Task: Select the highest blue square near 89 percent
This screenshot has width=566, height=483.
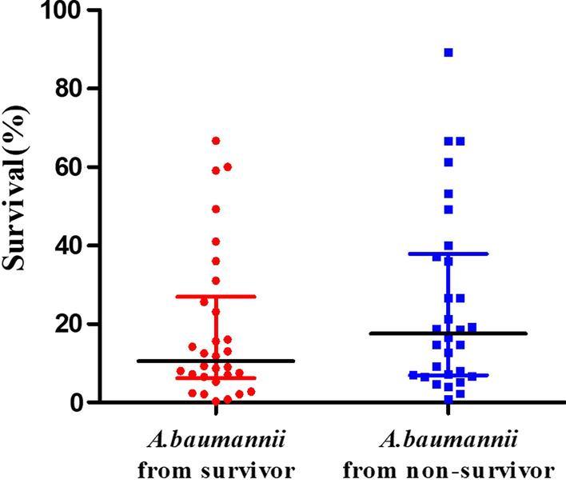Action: pyautogui.click(x=448, y=53)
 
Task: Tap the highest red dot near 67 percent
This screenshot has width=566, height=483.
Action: pyautogui.click(x=216, y=141)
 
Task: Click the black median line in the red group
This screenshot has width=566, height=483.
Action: pyautogui.click(x=216, y=361)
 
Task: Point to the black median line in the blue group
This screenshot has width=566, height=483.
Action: pyautogui.click(x=448, y=333)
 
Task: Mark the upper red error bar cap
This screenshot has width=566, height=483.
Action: pyautogui.click(x=216, y=296)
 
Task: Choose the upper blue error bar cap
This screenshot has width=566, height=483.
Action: pyautogui.click(x=448, y=253)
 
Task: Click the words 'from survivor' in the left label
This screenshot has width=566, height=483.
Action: pyautogui.click(x=216, y=468)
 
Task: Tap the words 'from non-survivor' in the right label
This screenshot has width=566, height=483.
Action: pyautogui.click(x=448, y=468)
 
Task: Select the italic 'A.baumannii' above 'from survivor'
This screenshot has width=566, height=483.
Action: pyautogui.click(x=216, y=441)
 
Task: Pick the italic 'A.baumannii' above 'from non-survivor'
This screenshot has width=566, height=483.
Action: pyautogui.click(x=448, y=441)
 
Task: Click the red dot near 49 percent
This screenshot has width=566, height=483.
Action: pyautogui.click(x=216, y=210)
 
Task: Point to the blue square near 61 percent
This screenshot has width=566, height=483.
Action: pyautogui.click(x=448, y=162)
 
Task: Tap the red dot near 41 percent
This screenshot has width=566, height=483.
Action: pyautogui.click(x=216, y=241)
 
